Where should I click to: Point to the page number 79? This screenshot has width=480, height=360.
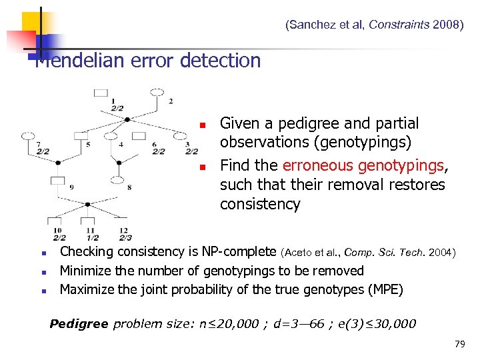coord(459,344)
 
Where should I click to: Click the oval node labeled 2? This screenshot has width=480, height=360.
coord(157,91)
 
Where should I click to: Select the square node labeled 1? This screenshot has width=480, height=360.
coord(101,92)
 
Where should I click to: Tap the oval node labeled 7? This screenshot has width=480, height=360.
coord(27,135)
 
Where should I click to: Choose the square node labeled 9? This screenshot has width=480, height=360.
coord(59,180)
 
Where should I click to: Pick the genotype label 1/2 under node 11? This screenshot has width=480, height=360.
coord(92,237)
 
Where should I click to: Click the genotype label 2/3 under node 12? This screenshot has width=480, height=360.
coord(125,237)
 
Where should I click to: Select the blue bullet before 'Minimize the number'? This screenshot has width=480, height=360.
coord(43,272)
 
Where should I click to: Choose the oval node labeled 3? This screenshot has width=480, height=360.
coord(177,135)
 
